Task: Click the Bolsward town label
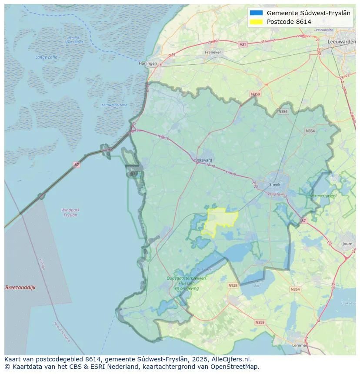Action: (x=203, y=160)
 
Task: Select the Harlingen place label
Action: (x=147, y=63)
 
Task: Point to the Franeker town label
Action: (x=213, y=52)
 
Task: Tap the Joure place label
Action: (x=347, y=244)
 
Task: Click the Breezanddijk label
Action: (x=20, y=288)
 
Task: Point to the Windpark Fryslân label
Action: (x=70, y=212)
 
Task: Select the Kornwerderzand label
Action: (x=114, y=105)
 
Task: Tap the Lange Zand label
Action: (x=46, y=57)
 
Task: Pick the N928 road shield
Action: (x=233, y=285)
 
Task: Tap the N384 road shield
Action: (x=283, y=112)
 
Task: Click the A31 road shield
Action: (x=243, y=44)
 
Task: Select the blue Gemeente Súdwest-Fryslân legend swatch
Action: (x=256, y=13)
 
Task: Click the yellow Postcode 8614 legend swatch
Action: (x=256, y=22)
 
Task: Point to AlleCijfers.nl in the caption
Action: (x=230, y=359)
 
